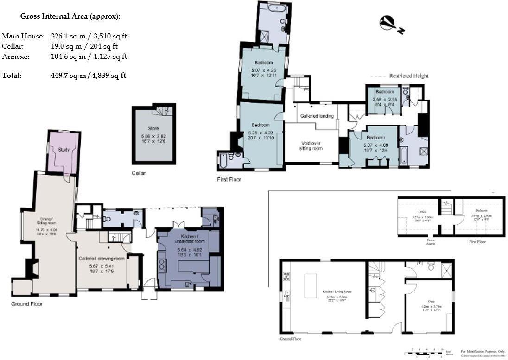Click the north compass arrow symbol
[x=391, y=25]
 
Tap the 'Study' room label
[x=63, y=149]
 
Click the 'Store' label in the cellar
[x=153, y=128]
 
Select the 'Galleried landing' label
[x=317, y=116]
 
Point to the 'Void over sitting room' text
[x=310, y=145]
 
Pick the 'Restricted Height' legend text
[x=408, y=76]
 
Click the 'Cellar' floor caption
[x=138, y=173]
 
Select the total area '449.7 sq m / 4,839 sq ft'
[x=88, y=76]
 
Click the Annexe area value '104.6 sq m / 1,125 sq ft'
[x=89, y=57]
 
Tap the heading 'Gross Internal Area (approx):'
[x=70, y=16]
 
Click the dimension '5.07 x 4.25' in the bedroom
[x=263, y=70]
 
